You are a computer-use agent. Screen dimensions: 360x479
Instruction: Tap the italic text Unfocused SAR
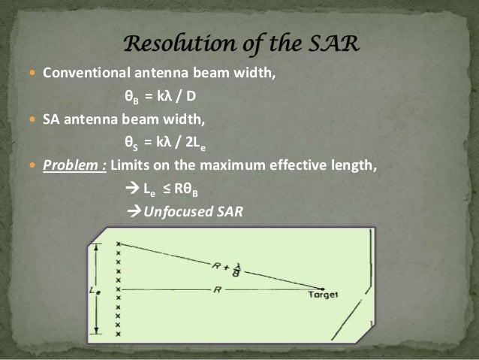click(x=193, y=210)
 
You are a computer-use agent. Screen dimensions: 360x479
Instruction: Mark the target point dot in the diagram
click(x=324, y=288)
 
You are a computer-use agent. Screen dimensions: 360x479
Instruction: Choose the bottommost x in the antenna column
click(x=118, y=334)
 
